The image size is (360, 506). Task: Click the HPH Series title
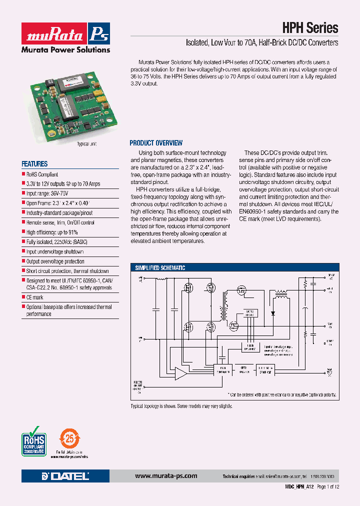click(x=311, y=28)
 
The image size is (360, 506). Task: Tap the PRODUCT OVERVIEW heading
click(x=156, y=142)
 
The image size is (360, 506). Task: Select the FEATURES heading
click(x=34, y=163)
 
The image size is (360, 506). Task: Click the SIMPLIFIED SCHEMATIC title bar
click(x=160, y=268)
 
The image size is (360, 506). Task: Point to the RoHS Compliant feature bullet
click(x=42, y=174)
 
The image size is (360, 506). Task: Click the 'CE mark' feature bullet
click(x=34, y=297)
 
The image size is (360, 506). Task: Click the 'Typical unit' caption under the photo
click(x=86, y=143)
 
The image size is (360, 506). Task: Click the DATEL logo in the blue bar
click(x=65, y=476)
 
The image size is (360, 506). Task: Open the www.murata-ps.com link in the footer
click(x=166, y=476)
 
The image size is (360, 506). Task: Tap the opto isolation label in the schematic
click(x=244, y=369)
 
